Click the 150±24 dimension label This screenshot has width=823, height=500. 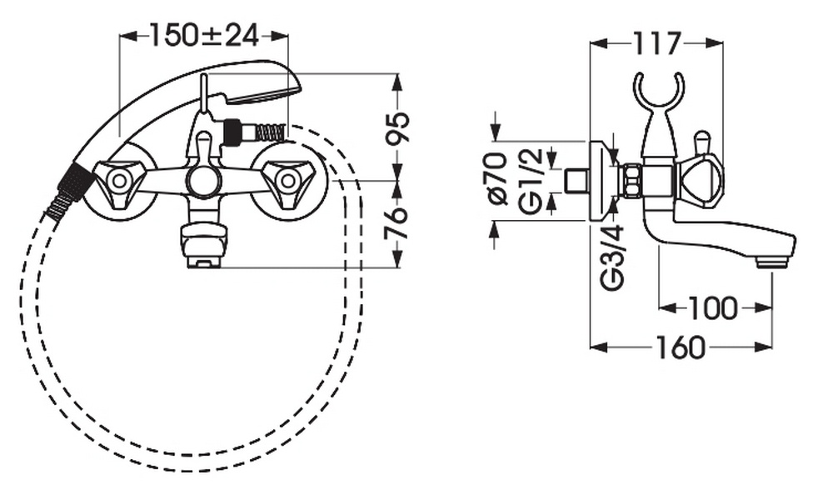205,36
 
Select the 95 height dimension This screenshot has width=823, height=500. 397,127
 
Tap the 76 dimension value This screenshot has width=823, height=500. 397,222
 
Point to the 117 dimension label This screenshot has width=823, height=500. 656,43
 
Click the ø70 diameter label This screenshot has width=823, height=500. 497,177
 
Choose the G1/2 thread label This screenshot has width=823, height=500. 531,180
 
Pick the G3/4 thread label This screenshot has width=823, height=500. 613,257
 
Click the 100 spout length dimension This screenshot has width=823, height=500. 712,308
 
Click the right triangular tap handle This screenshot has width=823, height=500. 287,180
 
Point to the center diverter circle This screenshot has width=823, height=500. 202,180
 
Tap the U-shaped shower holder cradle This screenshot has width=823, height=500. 660,94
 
